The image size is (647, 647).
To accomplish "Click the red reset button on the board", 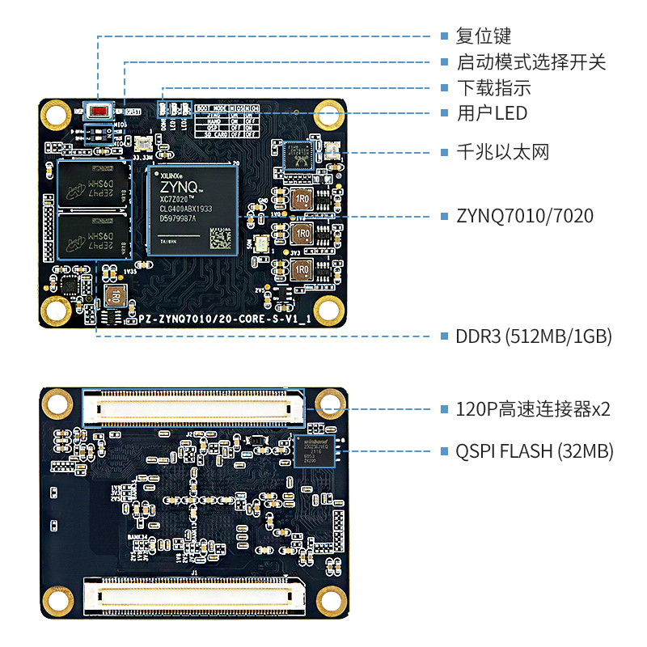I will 99,112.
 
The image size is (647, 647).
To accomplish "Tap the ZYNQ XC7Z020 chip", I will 192,209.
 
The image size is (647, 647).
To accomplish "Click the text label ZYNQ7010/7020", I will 525,216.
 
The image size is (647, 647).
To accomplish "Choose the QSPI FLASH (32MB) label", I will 535,450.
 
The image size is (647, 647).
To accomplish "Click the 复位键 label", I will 484,36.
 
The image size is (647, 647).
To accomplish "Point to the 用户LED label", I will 492,113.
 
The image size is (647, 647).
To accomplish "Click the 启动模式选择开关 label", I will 531,61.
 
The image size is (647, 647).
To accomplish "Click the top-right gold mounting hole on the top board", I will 329,114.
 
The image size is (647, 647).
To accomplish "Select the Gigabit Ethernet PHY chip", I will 298,154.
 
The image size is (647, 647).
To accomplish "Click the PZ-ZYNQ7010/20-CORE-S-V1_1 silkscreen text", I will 226,320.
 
